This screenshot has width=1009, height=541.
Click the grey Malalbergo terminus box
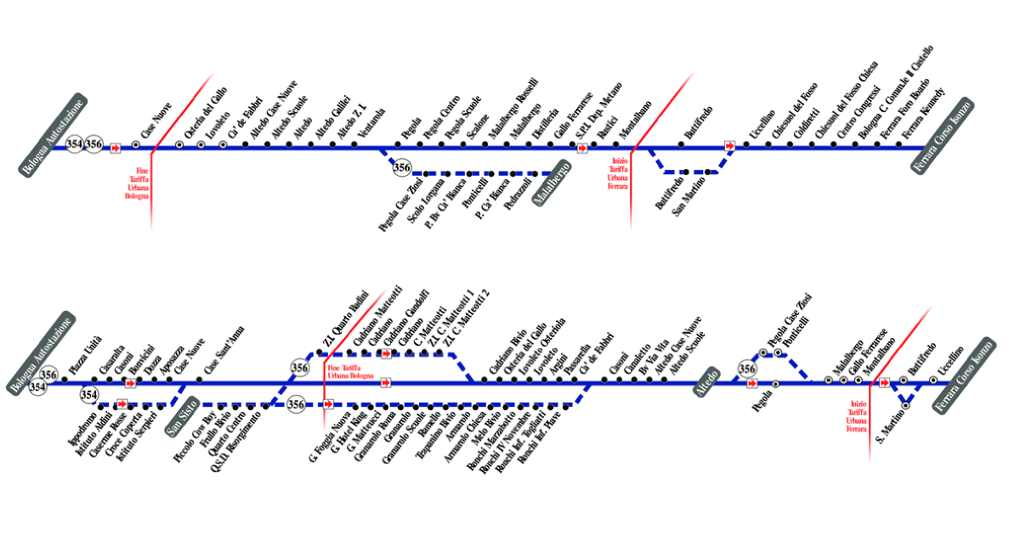[x=553, y=184]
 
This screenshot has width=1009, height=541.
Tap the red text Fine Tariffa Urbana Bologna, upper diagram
[x=136, y=183]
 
